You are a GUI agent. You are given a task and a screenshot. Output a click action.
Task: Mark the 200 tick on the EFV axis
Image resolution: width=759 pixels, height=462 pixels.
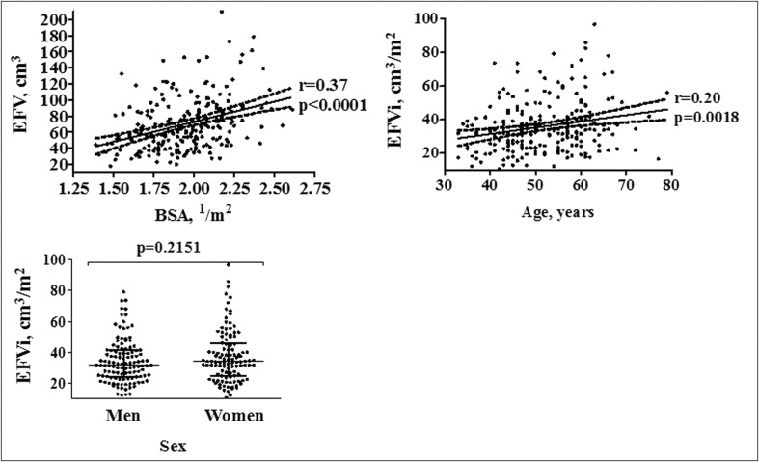click(x=56, y=20)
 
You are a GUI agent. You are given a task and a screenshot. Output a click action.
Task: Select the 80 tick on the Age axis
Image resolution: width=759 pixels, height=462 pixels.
click(x=668, y=183)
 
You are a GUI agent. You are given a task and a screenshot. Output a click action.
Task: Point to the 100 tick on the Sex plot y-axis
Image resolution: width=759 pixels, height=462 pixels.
click(x=56, y=260)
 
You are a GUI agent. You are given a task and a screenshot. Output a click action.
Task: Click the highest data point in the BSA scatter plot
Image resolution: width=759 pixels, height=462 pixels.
click(x=222, y=12)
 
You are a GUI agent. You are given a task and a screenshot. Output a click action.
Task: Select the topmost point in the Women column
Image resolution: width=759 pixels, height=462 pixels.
click(x=229, y=264)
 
